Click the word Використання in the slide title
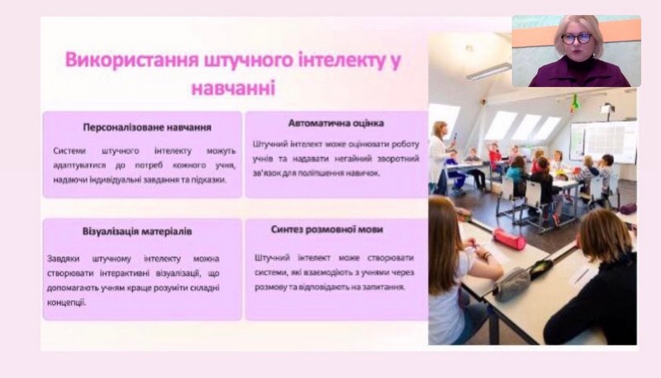[x=131, y=60]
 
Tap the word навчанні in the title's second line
[x=233, y=89]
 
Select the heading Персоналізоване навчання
[x=147, y=127]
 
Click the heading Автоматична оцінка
[x=336, y=123]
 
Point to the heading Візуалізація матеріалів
[x=137, y=232]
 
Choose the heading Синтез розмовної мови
[x=327, y=229]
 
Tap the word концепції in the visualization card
[x=66, y=303]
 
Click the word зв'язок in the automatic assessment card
[x=266, y=173]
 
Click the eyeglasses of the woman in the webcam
[x=576, y=38]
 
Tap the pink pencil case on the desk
[x=509, y=238]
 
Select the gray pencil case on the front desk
[x=511, y=285]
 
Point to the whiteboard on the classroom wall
[x=603, y=141]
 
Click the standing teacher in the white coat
[x=440, y=157]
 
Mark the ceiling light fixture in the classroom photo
[x=488, y=71]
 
